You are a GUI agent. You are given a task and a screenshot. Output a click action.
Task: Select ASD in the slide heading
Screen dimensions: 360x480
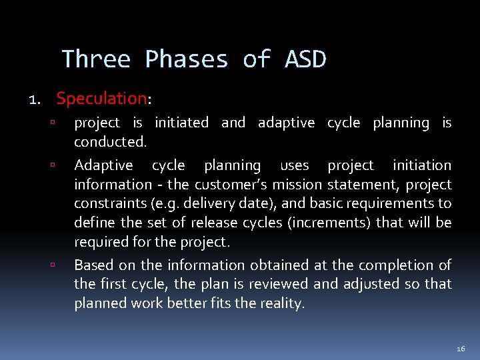305,59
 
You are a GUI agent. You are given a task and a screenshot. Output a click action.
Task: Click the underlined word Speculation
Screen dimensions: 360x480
101,99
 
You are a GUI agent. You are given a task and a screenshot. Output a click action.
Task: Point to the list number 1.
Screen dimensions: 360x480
34,100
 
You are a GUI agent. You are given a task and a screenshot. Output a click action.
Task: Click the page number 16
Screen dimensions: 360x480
461,349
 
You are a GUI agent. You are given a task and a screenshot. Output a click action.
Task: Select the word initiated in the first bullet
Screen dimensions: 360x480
181,123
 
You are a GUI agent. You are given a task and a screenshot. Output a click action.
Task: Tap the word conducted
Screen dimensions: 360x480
109,142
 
